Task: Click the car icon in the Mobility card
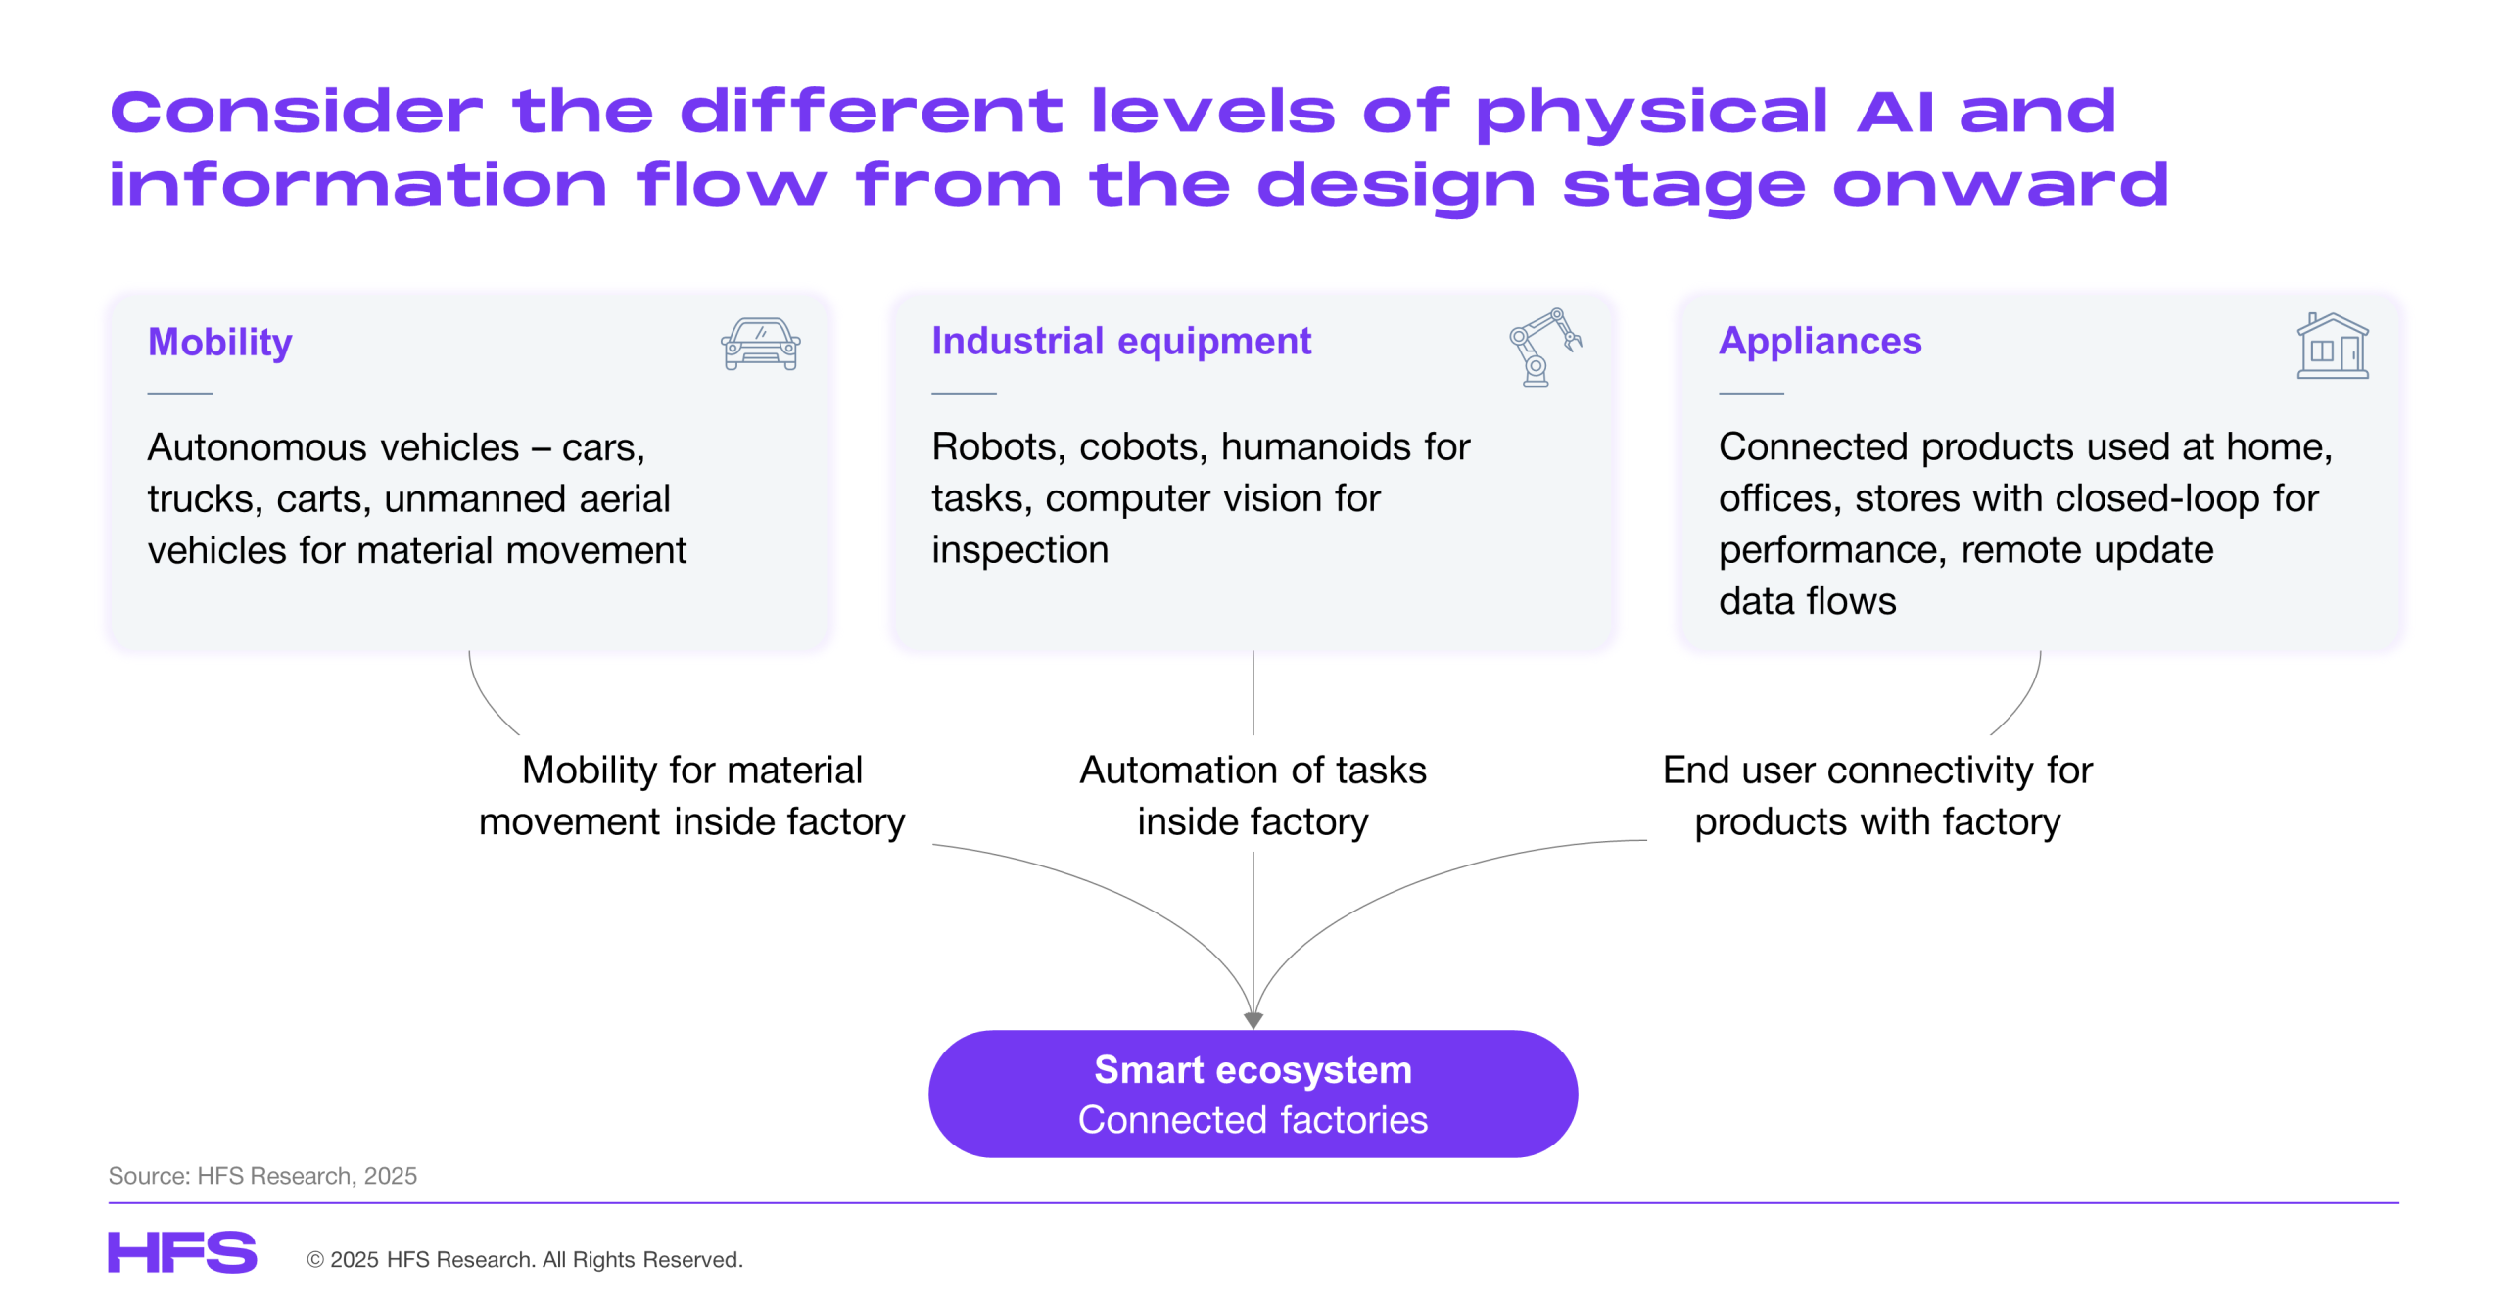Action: [x=760, y=344]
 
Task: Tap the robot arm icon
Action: [x=1543, y=347]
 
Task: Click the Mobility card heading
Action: [x=219, y=342]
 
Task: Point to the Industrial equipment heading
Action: [x=1120, y=341]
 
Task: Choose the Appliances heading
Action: [x=1820, y=341]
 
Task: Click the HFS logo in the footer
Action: [x=182, y=1252]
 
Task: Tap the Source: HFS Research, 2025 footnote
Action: [x=262, y=1175]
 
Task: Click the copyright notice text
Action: [x=525, y=1259]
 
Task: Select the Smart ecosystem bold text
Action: [x=1253, y=1069]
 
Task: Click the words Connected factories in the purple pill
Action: [x=1253, y=1119]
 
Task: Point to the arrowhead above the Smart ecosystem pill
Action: [x=1253, y=1020]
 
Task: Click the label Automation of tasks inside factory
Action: [x=1253, y=795]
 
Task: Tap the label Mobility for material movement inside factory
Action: [x=691, y=795]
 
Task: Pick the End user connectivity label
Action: [x=1876, y=795]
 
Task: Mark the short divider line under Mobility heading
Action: [x=179, y=394]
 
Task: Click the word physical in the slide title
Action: [x=1651, y=112]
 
